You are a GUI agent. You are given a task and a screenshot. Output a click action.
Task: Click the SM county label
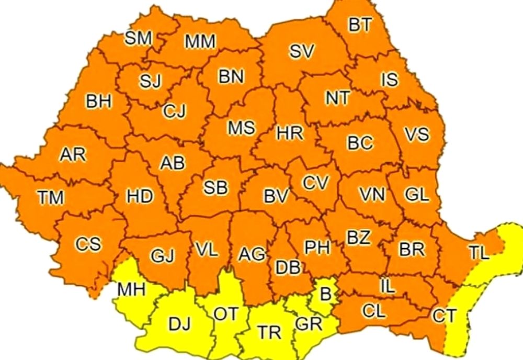coord(138,38)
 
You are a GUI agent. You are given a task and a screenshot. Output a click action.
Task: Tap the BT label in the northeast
coord(360,26)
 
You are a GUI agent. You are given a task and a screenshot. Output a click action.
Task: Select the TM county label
coord(50,197)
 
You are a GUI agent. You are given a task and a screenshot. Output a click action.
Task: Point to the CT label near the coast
coord(445,316)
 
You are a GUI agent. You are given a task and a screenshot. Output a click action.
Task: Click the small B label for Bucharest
coord(325,295)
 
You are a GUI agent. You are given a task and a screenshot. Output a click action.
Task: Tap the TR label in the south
coord(269,332)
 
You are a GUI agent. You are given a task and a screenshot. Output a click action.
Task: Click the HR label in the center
coord(290,133)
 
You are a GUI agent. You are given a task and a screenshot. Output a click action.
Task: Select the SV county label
coord(302,51)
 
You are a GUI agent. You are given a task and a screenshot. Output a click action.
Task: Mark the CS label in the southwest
coord(88,244)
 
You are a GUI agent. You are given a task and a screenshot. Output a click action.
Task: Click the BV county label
coord(276,196)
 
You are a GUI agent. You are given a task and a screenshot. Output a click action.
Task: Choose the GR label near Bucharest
coord(308,323)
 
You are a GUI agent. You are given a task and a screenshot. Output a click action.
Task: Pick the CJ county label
coord(174,111)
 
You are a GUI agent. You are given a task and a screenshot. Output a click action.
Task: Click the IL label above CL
coord(388,285)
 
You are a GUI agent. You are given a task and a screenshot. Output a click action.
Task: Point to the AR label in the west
coord(73,155)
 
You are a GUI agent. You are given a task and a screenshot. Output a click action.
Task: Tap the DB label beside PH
coord(288,267)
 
